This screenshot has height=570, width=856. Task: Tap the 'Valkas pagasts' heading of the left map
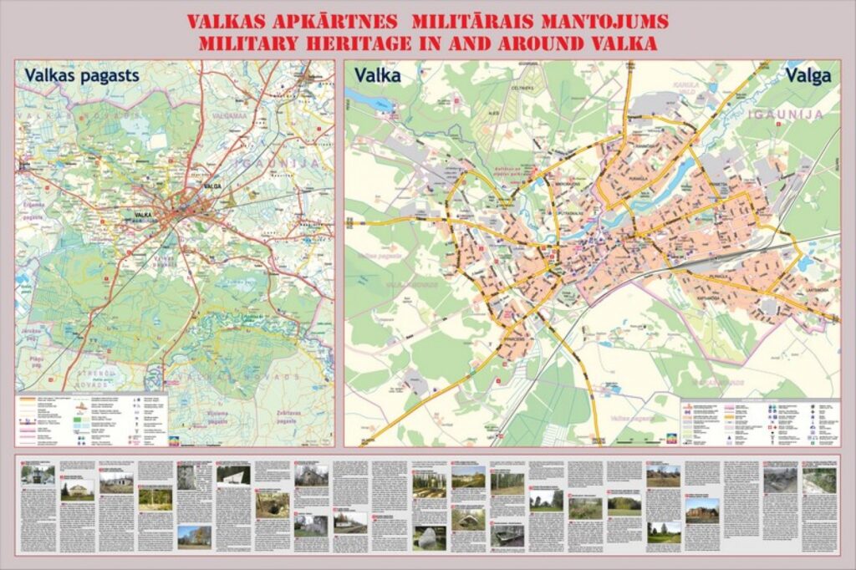tap(81, 75)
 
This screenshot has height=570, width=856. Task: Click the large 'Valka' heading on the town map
tap(377, 75)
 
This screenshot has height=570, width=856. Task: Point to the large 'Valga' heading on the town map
tap(808, 75)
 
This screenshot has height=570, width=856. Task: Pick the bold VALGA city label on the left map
tap(211, 186)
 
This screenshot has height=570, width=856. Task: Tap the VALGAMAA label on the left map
tap(227, 117)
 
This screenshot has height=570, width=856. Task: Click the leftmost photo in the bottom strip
tap(38, 475)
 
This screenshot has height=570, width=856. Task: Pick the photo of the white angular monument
tap(233, 475)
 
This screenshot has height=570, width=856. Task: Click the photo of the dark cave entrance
tap(272, 504)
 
